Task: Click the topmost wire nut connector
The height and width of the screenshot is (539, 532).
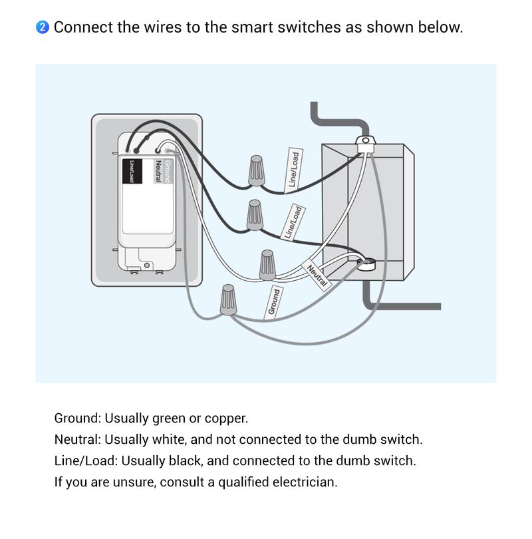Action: point(257,171)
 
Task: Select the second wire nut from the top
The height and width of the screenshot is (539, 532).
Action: point(254,215)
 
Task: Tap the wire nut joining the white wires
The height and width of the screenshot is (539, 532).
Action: point(267,265)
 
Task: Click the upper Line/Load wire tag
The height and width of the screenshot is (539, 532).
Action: point(293,169)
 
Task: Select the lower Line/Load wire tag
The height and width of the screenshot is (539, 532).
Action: point(293,222)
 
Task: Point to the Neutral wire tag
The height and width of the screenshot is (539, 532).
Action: point(317,275)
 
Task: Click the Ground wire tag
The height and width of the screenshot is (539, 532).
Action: point(273,301)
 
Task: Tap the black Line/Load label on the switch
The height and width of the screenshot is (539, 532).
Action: point(132,171)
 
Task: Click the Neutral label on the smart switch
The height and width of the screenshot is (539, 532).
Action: point(158,172)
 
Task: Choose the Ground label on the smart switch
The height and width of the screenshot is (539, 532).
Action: point(168,172)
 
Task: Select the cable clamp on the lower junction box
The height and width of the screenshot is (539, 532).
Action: point(364,265)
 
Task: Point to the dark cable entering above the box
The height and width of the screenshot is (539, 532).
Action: point(337,122)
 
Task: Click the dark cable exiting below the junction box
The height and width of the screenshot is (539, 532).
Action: point(399,306)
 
